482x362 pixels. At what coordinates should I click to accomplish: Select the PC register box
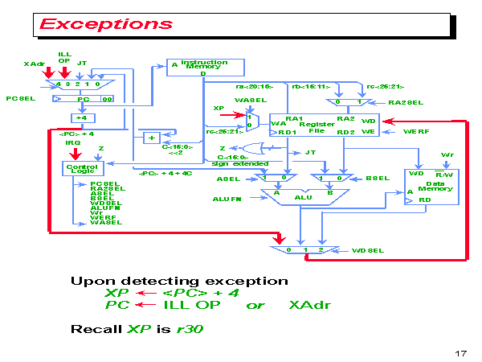[x=83, y=99]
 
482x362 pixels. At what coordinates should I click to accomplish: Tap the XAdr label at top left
[x=33, y=64]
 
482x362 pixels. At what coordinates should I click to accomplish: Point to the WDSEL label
[x=369, y=250]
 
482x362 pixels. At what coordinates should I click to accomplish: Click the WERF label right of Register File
[x=416, y=131]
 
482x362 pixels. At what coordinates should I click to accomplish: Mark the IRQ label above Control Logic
[x=72, y=142]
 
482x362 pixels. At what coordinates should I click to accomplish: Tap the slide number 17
[x=460, y=353]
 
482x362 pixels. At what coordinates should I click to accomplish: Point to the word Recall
[x=96, y=329]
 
